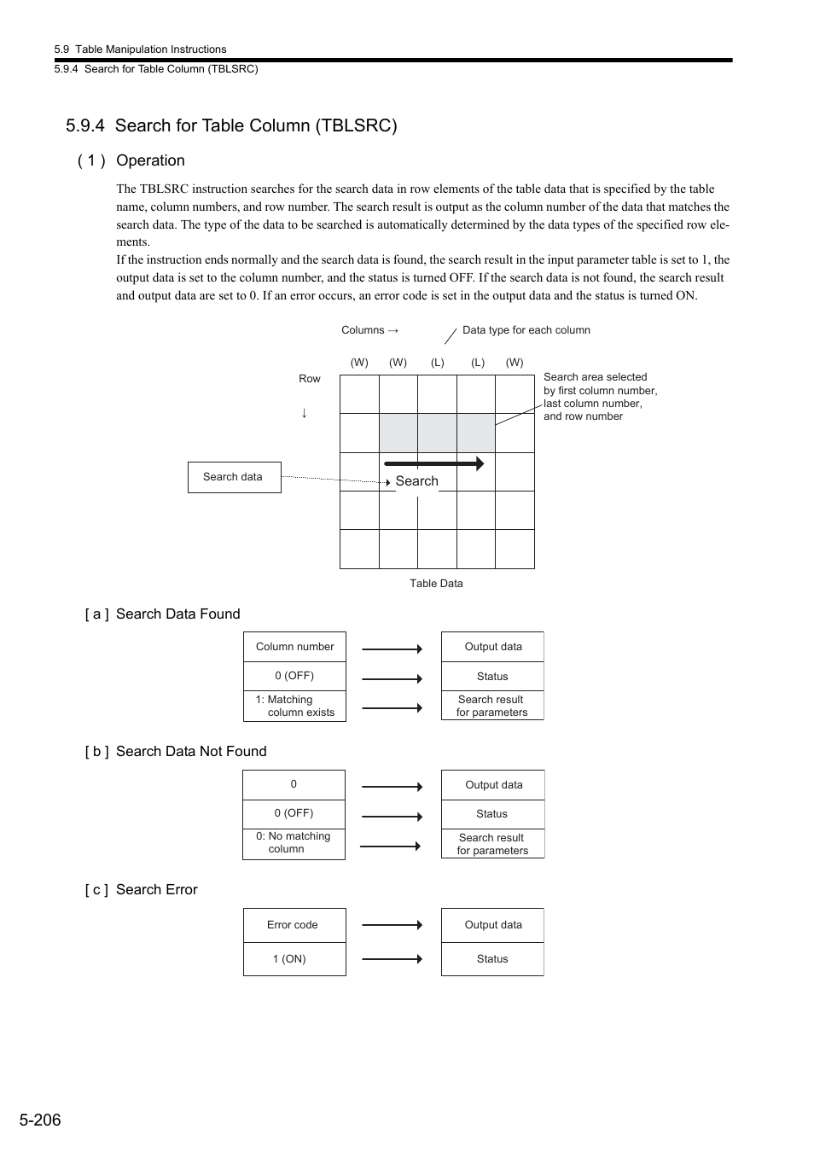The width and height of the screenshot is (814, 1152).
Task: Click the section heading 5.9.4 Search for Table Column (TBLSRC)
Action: pos(231,125)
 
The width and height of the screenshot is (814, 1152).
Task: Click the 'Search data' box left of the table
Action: pos(234,477)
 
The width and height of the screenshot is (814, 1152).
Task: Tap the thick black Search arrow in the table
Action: pos(433,463)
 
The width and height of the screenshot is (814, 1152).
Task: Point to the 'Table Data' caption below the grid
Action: pos(436,584)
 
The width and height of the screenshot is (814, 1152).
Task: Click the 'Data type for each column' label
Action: pos(526,330)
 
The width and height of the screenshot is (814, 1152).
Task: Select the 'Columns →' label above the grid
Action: pos(369,330)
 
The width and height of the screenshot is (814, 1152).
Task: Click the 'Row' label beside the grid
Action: pos(310,379)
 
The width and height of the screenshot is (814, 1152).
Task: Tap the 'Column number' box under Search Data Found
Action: pos(294,647)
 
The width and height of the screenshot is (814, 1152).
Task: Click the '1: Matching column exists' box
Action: pos(294,706)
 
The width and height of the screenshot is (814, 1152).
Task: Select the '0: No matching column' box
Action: pos(294,843)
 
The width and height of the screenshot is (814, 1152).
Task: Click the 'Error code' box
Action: pos(294,925)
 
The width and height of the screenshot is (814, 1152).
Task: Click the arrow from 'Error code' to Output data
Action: pos(392,925)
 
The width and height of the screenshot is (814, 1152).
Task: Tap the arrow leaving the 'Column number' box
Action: pos(392,649)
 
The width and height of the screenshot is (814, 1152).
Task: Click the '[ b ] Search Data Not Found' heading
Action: pos(176,752)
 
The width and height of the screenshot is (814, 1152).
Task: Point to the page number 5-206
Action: pos(41,1120)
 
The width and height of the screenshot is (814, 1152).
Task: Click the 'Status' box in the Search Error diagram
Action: pos(492,959)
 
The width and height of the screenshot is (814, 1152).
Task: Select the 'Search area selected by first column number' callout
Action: pos(600,397)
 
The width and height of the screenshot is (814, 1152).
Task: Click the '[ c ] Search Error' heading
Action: pos(142,890)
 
